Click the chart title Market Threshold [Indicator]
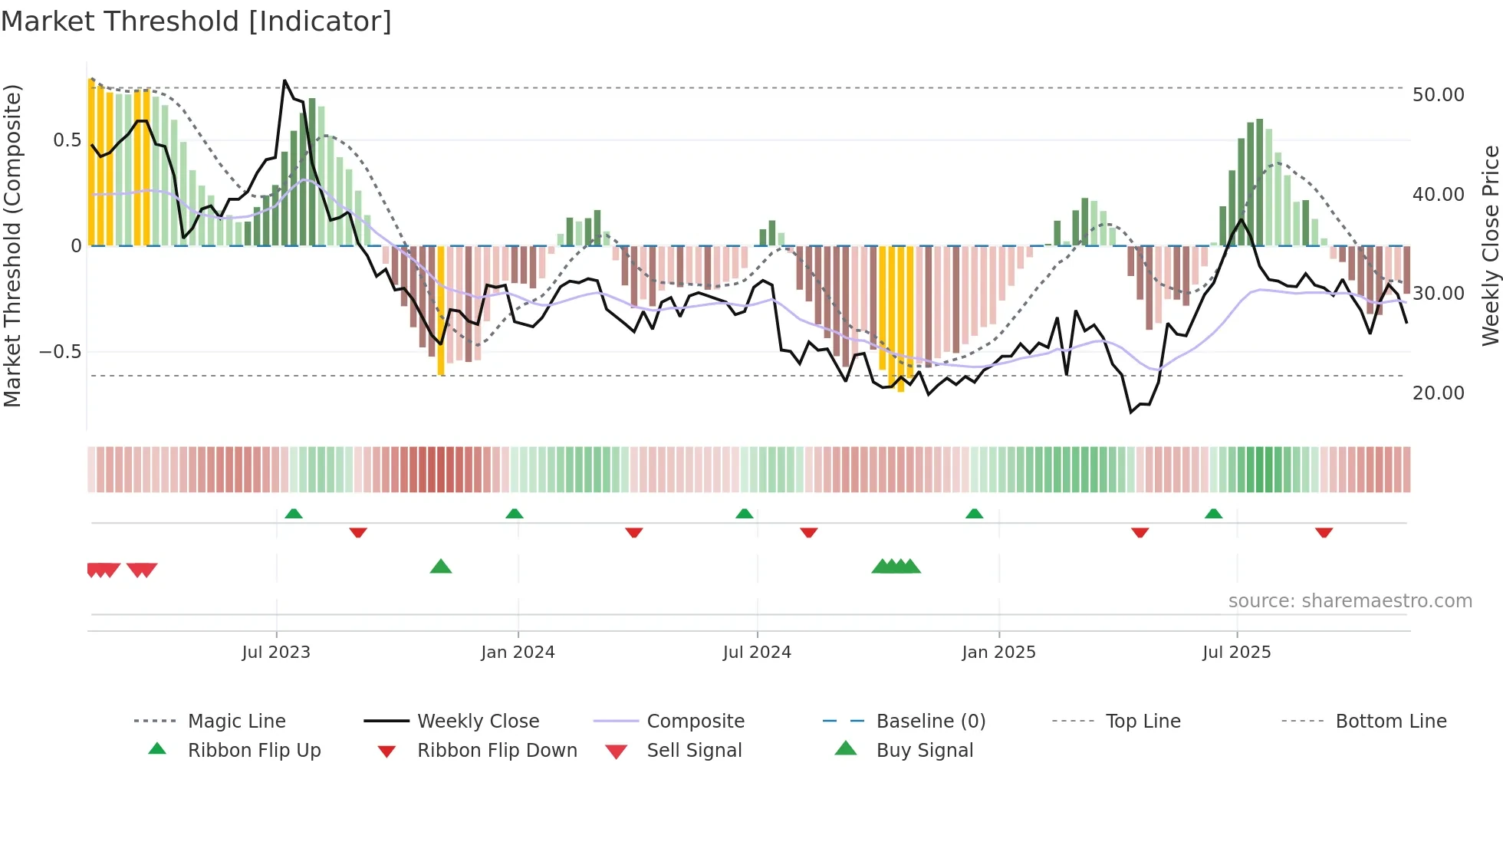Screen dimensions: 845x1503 (x=196, y=21)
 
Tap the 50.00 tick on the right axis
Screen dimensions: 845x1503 (x=1438, y=95)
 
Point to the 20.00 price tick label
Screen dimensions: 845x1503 (x=1438, y=393)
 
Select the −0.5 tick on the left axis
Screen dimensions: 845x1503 (x=60, y=352)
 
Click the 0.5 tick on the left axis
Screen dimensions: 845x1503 (x=67, y=140)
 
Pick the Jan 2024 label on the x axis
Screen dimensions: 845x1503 (x=518, y=653)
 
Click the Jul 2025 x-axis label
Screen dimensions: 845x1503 (x=1236, y=653)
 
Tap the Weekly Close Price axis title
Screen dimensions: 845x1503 (x=1490, y=245)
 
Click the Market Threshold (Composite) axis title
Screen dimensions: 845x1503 (x=12, y=245)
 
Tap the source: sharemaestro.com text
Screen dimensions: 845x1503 (x=1350, y=601)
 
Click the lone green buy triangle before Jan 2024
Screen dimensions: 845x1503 (x=441, y=567)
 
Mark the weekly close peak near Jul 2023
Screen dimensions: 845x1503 (x=284, y=81)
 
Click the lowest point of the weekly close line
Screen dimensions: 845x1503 (x=1131, y=413)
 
